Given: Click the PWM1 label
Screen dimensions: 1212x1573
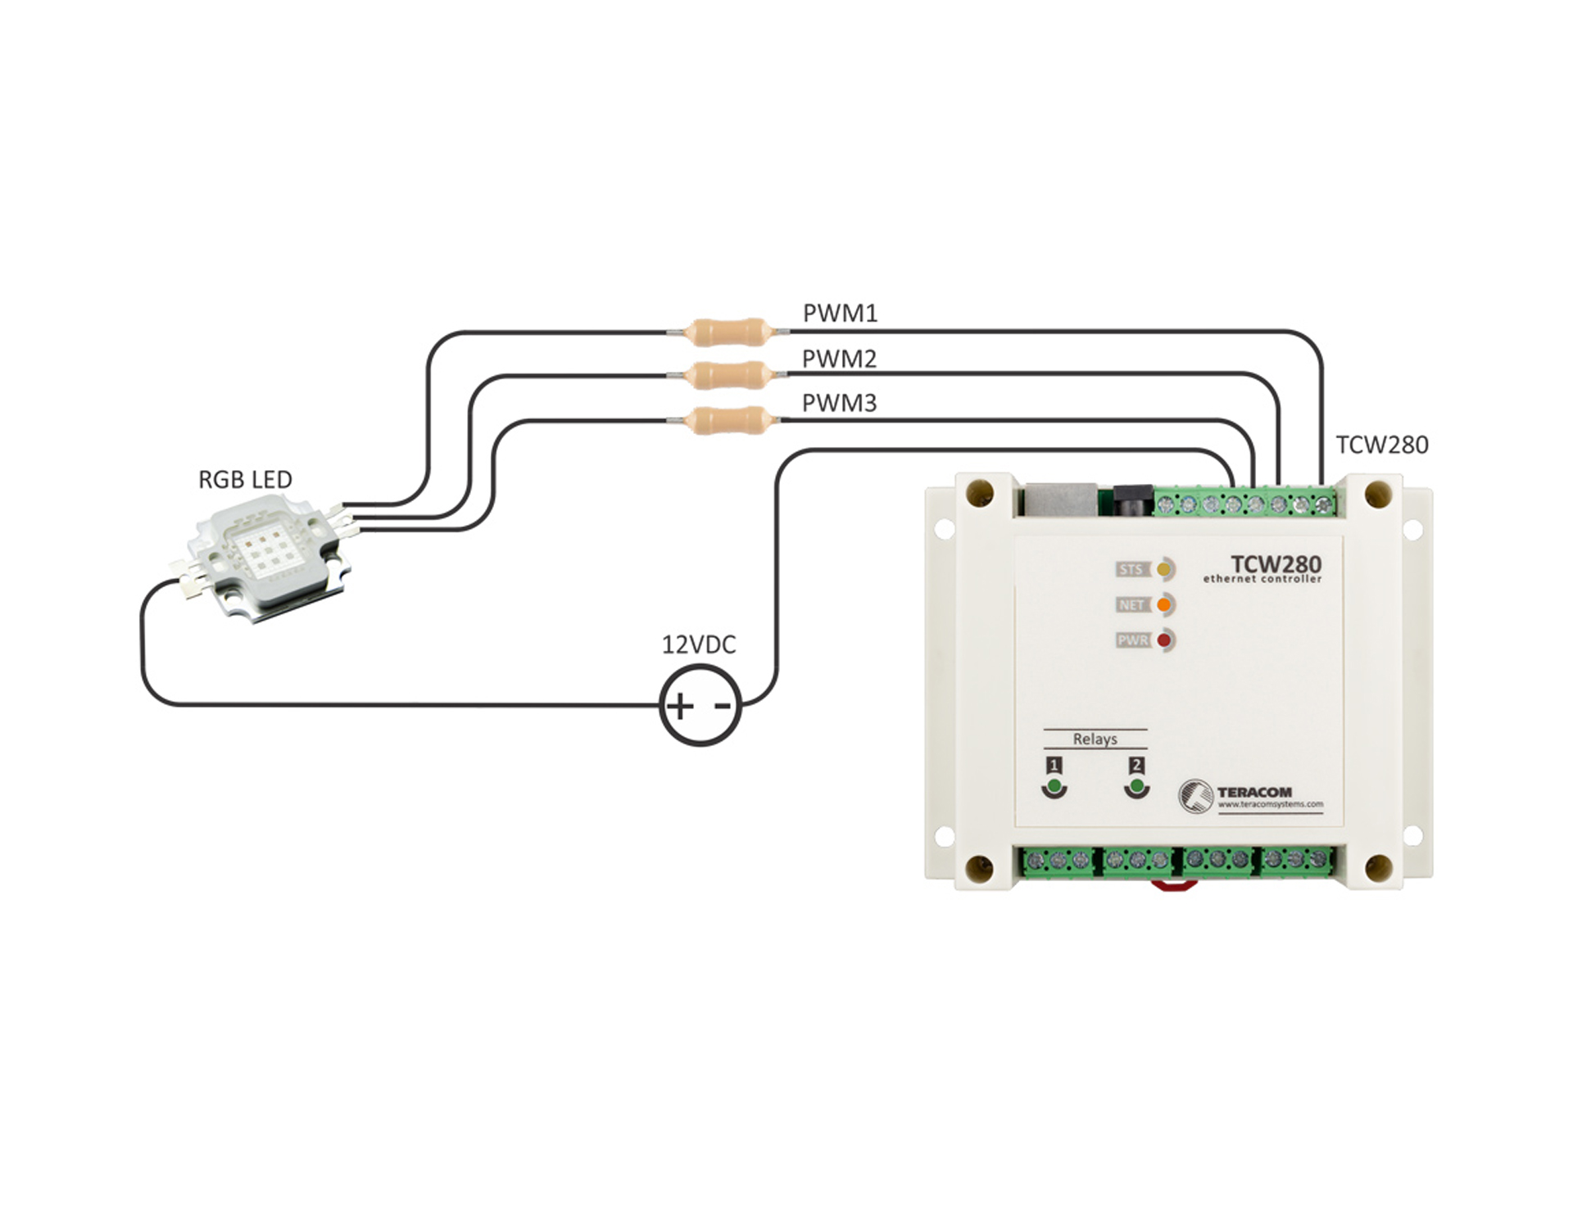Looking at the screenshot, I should [840, 313].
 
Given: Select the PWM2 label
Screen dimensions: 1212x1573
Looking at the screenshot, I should [839, 359].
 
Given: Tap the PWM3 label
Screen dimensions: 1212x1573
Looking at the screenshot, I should [839, 403].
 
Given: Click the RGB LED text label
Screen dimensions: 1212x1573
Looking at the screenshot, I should [245, 479].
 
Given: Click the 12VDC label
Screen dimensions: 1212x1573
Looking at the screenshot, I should [699, 645].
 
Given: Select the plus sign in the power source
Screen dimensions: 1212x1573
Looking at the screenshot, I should [679, 706].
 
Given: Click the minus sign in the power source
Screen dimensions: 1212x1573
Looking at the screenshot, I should [723, 705].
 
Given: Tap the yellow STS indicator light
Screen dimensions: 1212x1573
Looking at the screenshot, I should [1163, 569].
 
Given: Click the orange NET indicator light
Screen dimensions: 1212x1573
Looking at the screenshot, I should [1163, 605].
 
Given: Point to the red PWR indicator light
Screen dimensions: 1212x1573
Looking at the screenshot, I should [1163, 640].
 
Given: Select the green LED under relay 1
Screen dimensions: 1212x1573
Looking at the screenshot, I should [1054, 788].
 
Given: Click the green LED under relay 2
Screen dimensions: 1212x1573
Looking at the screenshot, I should [1136, 788].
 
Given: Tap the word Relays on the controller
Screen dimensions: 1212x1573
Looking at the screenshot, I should [1095, 739].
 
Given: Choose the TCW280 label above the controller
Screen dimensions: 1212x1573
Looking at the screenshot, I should [1382, 445].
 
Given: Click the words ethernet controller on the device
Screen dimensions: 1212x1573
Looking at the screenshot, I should [1262, 579].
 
